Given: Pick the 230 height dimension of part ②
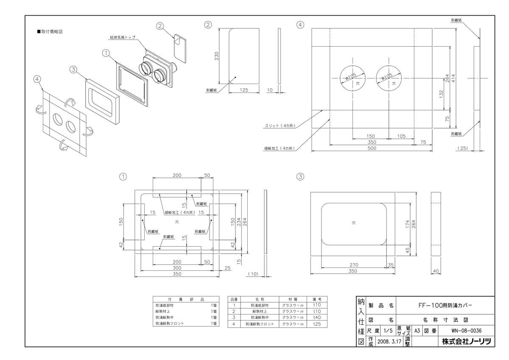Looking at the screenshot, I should pos(216,56).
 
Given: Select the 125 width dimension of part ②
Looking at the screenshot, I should pos(244,90).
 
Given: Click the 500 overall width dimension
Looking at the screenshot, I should pos(372,149).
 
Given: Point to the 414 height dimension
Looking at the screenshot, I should pos(454,78).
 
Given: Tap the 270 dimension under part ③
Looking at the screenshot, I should pos(353,265).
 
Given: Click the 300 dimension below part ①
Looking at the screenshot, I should pos(177,268).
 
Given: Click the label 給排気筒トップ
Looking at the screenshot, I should pos(122,37).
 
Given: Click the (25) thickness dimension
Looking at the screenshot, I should pos(463,149).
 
